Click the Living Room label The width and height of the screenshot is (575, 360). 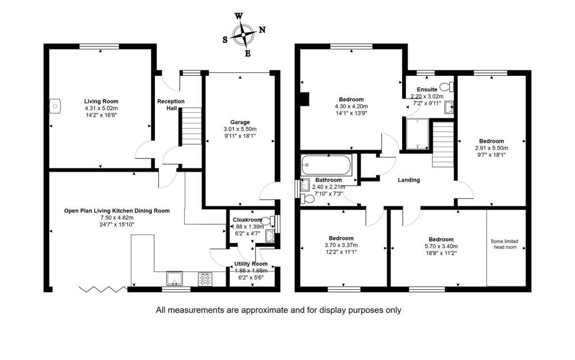click(101, 102)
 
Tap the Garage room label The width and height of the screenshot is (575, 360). click(240, 122)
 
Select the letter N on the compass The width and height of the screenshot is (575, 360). click(263, 30)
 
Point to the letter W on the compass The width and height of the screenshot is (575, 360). click(238, 16)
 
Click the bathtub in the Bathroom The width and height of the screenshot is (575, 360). click(326, 165)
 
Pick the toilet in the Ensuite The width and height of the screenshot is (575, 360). click(446, 87)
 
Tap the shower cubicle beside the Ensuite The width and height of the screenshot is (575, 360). click(418, 134)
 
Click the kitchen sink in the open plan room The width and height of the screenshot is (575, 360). click(175, 279)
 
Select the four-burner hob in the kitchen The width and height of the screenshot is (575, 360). click(205, 279)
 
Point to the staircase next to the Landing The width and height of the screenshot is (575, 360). click(443, 144)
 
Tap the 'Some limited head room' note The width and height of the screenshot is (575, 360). click(505, 244)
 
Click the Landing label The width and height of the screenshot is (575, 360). click(409, 180)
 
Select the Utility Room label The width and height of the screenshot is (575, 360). click(251, 264)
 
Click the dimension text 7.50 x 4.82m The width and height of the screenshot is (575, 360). click(117, 217)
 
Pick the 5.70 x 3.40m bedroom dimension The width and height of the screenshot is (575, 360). click(441, 247)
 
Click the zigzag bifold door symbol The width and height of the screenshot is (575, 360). click(103, 289)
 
